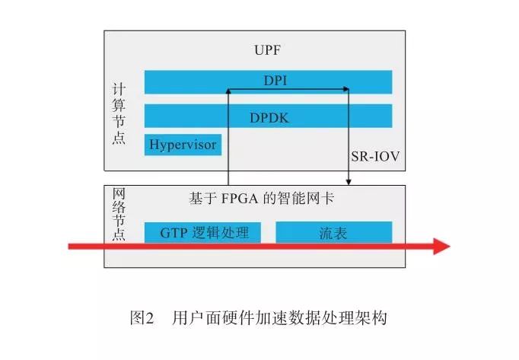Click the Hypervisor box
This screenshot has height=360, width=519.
pos(183,144)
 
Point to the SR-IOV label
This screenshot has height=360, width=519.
pos(375,157)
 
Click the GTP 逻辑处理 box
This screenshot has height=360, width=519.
pos(202,232)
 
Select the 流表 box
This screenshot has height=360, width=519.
pos(333,232)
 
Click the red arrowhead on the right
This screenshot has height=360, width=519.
pos(440,246)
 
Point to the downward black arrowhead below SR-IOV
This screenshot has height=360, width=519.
pos(349,182)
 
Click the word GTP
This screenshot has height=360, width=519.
pos(174,232)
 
